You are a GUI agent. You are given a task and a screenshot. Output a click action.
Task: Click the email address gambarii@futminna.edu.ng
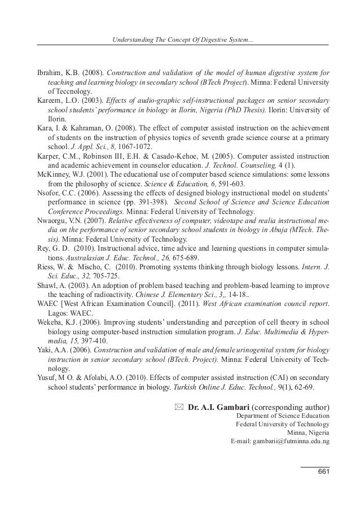coord(280,440)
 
